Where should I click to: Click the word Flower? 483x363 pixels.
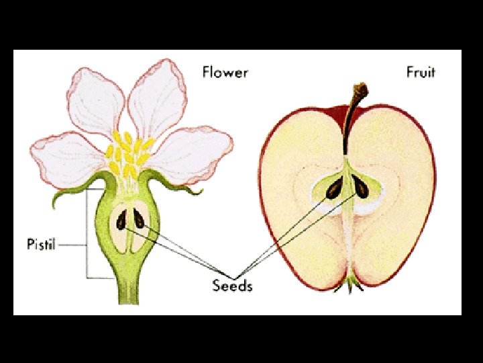[x=225, y=71]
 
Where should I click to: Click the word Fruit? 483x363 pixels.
[x=421, y=71]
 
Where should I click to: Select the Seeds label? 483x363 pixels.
[x=232, y=286]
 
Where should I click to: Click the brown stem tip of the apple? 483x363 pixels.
[x=361, y=91]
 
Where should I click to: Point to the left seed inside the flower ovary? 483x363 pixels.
[x=121, y=220]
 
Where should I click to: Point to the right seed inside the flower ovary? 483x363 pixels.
[x=139, y=218]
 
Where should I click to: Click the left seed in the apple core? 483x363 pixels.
[x=333, y=189]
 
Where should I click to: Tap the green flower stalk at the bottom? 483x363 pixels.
[x=127, y=289]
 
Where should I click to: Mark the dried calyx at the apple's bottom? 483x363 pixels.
[x=352, y=286]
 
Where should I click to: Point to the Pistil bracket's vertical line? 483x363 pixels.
[x=87, y=235]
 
